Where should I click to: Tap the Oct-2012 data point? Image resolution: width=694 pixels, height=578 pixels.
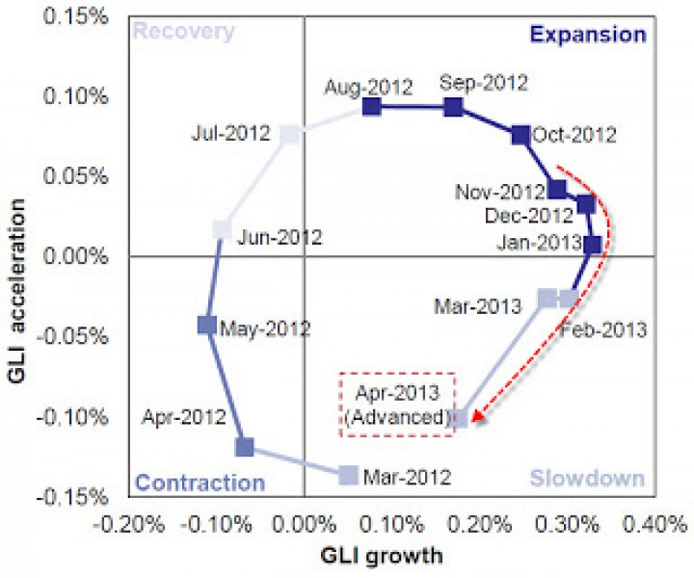(x=520, y=135)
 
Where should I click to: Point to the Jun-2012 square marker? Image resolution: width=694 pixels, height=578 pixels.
(x=222, y=229)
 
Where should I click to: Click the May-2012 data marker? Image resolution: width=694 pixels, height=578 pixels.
(x=206, y=326)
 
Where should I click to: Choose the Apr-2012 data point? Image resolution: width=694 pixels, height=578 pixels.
(x=245, y=447)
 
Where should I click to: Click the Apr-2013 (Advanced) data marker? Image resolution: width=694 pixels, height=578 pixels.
(x=461, y=418)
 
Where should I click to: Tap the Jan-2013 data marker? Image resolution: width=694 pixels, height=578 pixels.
(x=593, y=245)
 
